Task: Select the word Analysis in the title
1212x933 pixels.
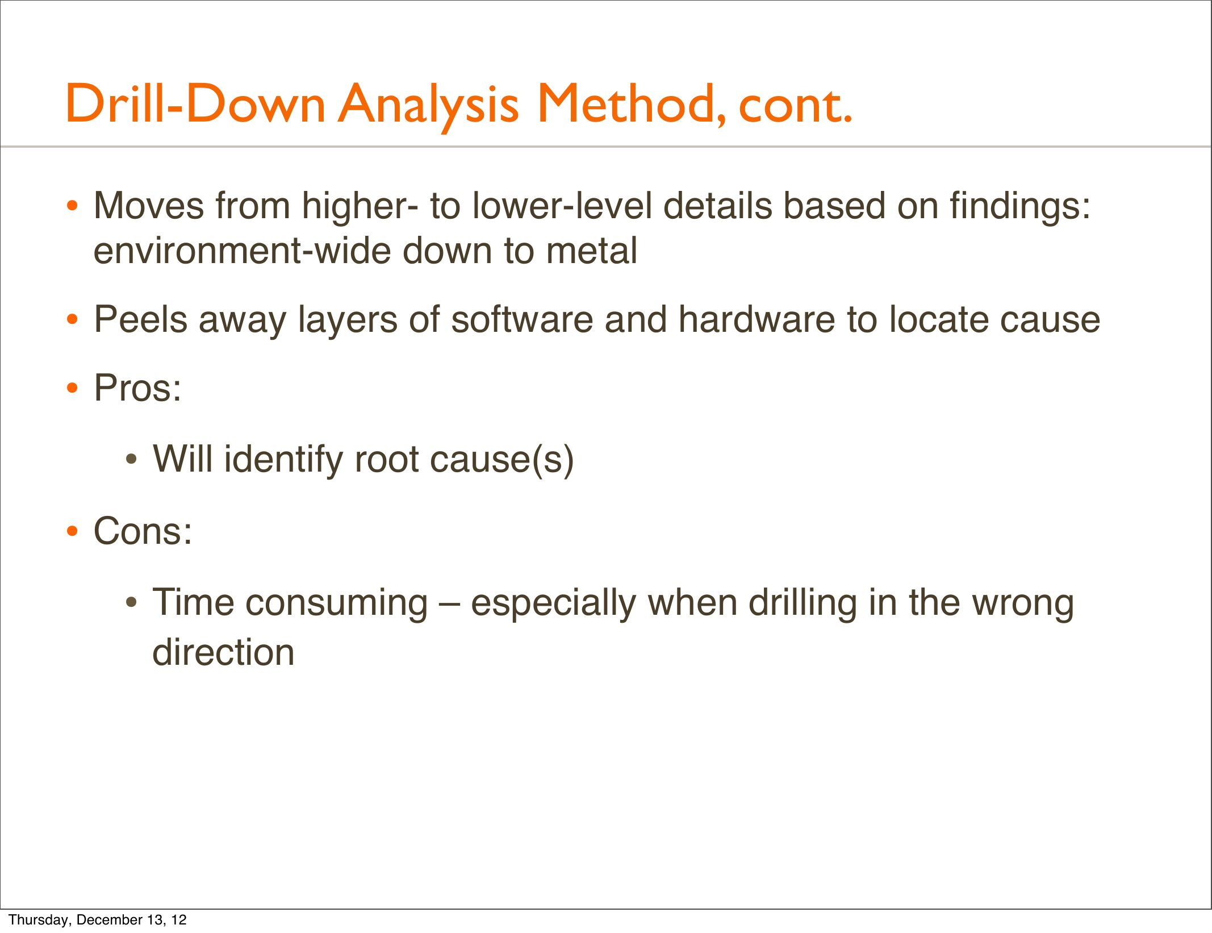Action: click(429, 106)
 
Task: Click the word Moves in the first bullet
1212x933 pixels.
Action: click(149, 205)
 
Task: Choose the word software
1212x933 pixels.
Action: click(522, 319)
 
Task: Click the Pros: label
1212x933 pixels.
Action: click(137, 388)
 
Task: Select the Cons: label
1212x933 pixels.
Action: click(143, 531)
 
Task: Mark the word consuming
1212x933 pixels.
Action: click(336, 604)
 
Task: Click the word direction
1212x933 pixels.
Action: click(223, 652)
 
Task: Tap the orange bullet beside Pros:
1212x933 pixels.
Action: click(72, 389)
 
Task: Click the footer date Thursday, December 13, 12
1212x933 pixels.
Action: click(98, 920)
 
